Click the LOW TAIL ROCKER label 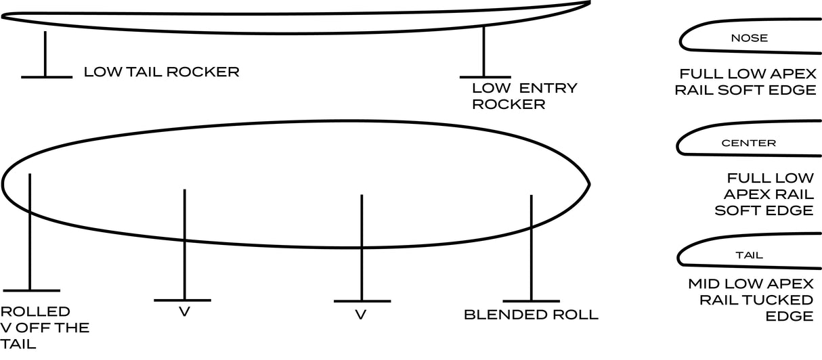pos(161,72)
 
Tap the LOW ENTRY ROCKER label pos(524,95)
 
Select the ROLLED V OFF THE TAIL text pos(45,328)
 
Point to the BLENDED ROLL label pos(531,315)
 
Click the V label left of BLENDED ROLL pos(361,315)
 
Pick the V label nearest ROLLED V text pos(183,312)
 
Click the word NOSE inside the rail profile pos(749,38)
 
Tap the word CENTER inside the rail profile pos(748,143)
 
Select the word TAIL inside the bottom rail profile pos(749,255)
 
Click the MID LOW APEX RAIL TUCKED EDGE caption pos(750,299)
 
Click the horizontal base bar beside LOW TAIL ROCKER pos(46,77)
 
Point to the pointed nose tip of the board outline pos(589,183)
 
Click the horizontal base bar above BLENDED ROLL pos(532,300)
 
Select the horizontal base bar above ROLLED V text pos(31,291)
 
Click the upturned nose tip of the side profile pos(588,3)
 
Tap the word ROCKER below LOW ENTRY pos(509,104)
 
